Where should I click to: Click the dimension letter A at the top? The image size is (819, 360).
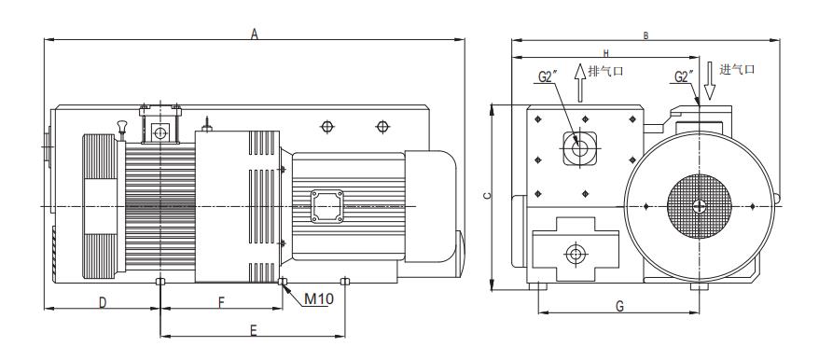pos(255,34)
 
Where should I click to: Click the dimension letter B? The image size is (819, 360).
pos(645,36)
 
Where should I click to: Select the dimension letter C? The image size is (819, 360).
pos(487,196)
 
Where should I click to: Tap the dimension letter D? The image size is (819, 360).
pos(103,302)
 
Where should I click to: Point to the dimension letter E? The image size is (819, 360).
pos(254,331)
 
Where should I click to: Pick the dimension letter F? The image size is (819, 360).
pos(221,302)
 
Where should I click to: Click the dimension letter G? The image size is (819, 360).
pos(619,306)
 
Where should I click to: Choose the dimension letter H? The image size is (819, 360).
pos(606,53)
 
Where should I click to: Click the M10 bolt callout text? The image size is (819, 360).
pos(319,298)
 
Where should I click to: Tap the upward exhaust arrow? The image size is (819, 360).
pos(579,83)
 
